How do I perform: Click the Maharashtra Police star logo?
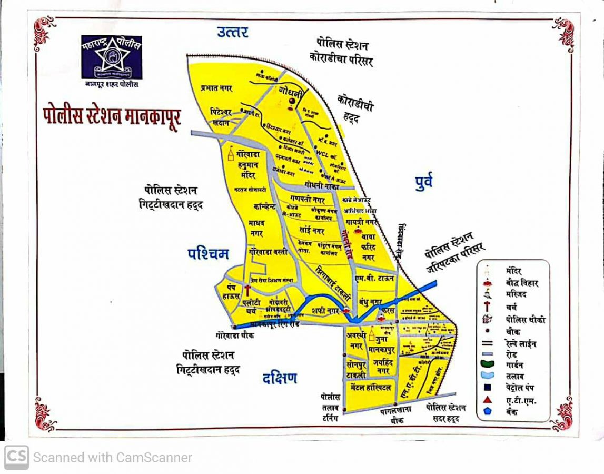click(x=112, y=56)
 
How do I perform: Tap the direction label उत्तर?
click(x=232, y=32)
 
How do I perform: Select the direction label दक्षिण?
click(x=280, y=378)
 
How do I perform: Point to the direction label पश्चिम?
click(x=209, y=254)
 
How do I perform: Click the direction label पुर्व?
click(x=423, y=182)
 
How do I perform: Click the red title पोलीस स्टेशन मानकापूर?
click(x=112, y=116)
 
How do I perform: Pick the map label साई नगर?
click(x=312, y=231)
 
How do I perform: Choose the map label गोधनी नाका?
click(x=322, y=185)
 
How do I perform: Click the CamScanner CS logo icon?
click(x=16, y=457)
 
